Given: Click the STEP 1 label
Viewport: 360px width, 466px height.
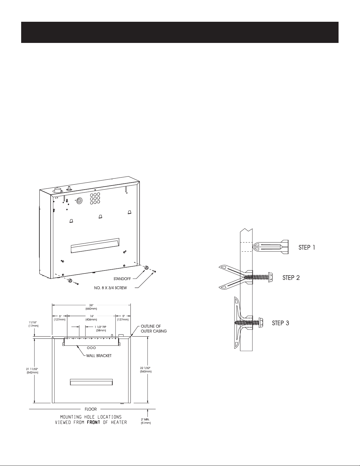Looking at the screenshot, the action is tap(307, 248).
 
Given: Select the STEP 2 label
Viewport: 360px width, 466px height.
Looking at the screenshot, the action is tap(291, 278).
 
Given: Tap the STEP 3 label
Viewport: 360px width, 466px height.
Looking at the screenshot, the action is tap(280, 323).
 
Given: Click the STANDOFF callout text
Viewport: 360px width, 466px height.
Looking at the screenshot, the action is tap(122, 279).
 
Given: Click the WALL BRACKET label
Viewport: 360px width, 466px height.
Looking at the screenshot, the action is tap(99, 356).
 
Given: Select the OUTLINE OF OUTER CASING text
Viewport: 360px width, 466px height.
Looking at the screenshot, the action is tap(154, 329).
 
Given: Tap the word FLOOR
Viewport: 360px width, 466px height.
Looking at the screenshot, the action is tap(91, 409).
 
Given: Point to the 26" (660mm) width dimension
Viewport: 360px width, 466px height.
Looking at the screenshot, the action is tap(91, 307).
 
